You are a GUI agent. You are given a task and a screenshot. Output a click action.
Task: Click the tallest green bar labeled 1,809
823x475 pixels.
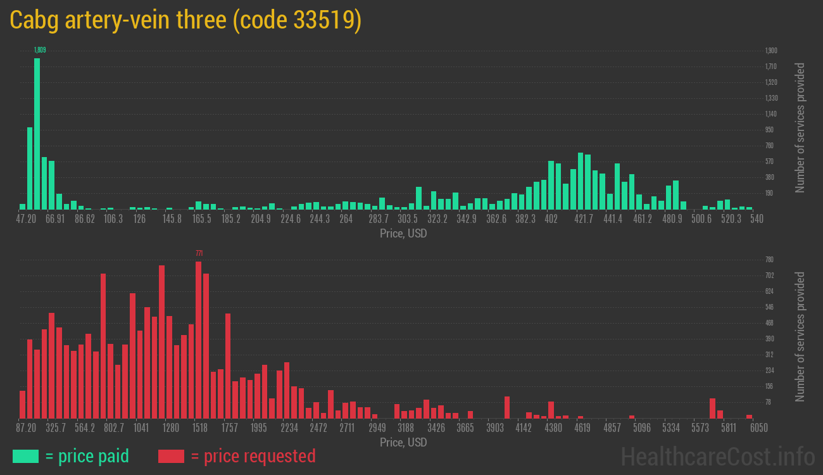click(37, 133)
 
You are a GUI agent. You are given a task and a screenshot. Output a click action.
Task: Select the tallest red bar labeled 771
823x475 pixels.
click(198, 339)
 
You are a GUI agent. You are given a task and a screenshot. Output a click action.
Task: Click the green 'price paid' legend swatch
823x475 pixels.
click(25, 456)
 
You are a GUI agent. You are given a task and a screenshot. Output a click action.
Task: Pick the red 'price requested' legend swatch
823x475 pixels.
click(171, 456)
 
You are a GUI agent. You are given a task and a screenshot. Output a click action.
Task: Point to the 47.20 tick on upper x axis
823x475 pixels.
click(26, 219)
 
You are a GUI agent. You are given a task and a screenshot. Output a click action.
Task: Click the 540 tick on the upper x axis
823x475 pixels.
click(757, 219)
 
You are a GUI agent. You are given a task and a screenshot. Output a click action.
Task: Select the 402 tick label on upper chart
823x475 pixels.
click(551, 219)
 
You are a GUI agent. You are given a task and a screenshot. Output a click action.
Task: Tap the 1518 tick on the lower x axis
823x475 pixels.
click(200, 428)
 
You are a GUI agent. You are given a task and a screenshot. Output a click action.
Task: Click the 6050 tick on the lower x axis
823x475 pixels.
click(758, 428)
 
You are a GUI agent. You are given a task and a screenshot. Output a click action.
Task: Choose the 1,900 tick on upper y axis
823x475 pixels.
click(770, 51)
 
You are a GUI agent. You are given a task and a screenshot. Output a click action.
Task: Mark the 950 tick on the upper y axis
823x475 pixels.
click(769, 130)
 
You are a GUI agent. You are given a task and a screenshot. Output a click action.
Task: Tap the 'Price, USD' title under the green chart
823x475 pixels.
click(403, 234)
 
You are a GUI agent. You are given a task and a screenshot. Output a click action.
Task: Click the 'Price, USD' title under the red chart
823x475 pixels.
click(403, 443)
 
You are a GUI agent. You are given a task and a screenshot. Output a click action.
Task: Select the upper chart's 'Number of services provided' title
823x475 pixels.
click(800, 127)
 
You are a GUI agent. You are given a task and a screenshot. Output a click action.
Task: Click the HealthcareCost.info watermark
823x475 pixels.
click(718, 456)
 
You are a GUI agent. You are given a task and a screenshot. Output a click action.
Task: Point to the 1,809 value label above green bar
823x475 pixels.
click(40, 50)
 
